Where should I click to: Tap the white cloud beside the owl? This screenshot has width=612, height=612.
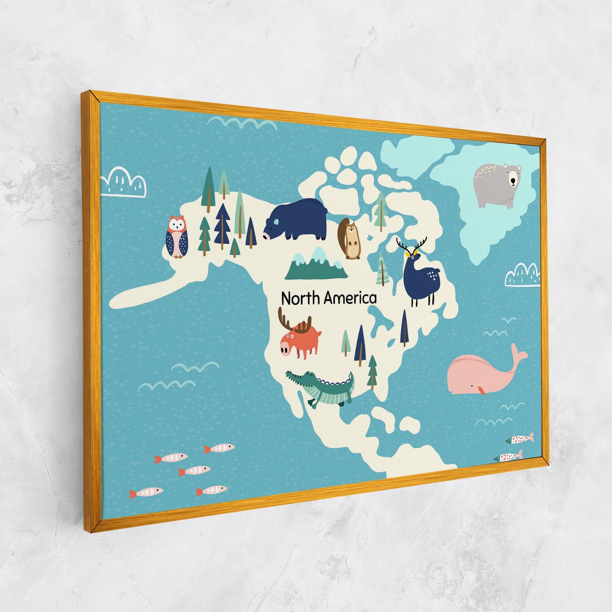(124, 183)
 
